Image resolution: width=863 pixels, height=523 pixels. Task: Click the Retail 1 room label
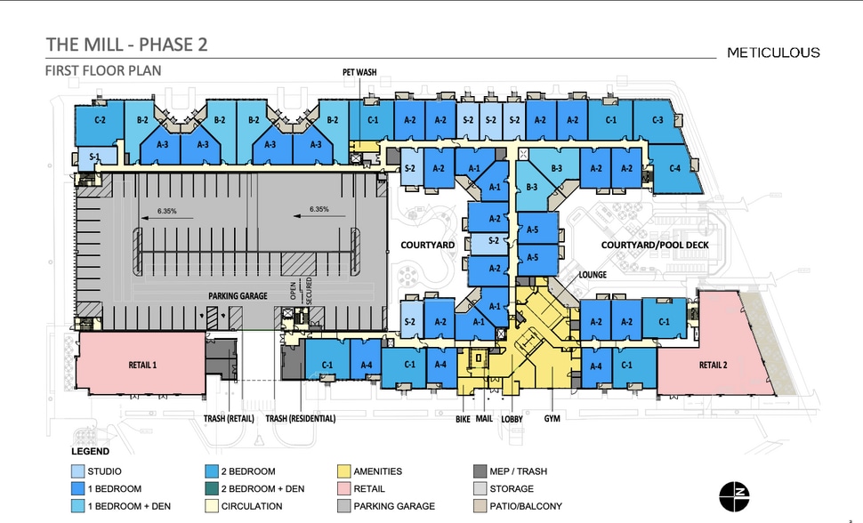tap(142, 365)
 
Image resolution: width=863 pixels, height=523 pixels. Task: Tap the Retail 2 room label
tap(714, 365)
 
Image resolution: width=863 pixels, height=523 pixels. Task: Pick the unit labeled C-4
tap(674, 168)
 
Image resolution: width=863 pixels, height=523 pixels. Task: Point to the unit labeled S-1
tap(94, 157)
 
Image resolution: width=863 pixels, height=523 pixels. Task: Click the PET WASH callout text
tap(359, 72)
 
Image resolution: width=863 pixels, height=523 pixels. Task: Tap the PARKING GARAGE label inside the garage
tap(238, 296)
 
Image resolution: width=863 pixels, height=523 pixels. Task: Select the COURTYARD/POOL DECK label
tap(655, 245)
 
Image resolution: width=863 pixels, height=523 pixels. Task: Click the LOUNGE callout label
tap(593, 275)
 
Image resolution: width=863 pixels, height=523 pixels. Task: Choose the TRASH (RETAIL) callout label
tap(229, 419)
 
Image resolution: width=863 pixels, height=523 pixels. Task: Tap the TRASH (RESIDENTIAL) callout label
tap(301, 419)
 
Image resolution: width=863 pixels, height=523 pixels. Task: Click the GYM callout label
tap(552, 419)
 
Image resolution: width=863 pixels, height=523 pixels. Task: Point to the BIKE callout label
tap(463, 420)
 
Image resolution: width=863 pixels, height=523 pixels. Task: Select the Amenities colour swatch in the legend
tap(344, 471)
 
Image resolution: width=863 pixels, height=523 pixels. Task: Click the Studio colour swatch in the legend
tap(77, 471)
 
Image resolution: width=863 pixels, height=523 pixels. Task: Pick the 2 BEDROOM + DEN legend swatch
tap(212, 489)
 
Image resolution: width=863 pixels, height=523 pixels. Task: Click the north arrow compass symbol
tap(734, 496)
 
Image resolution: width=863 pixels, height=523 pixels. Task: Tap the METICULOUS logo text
tap(773, 52)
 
